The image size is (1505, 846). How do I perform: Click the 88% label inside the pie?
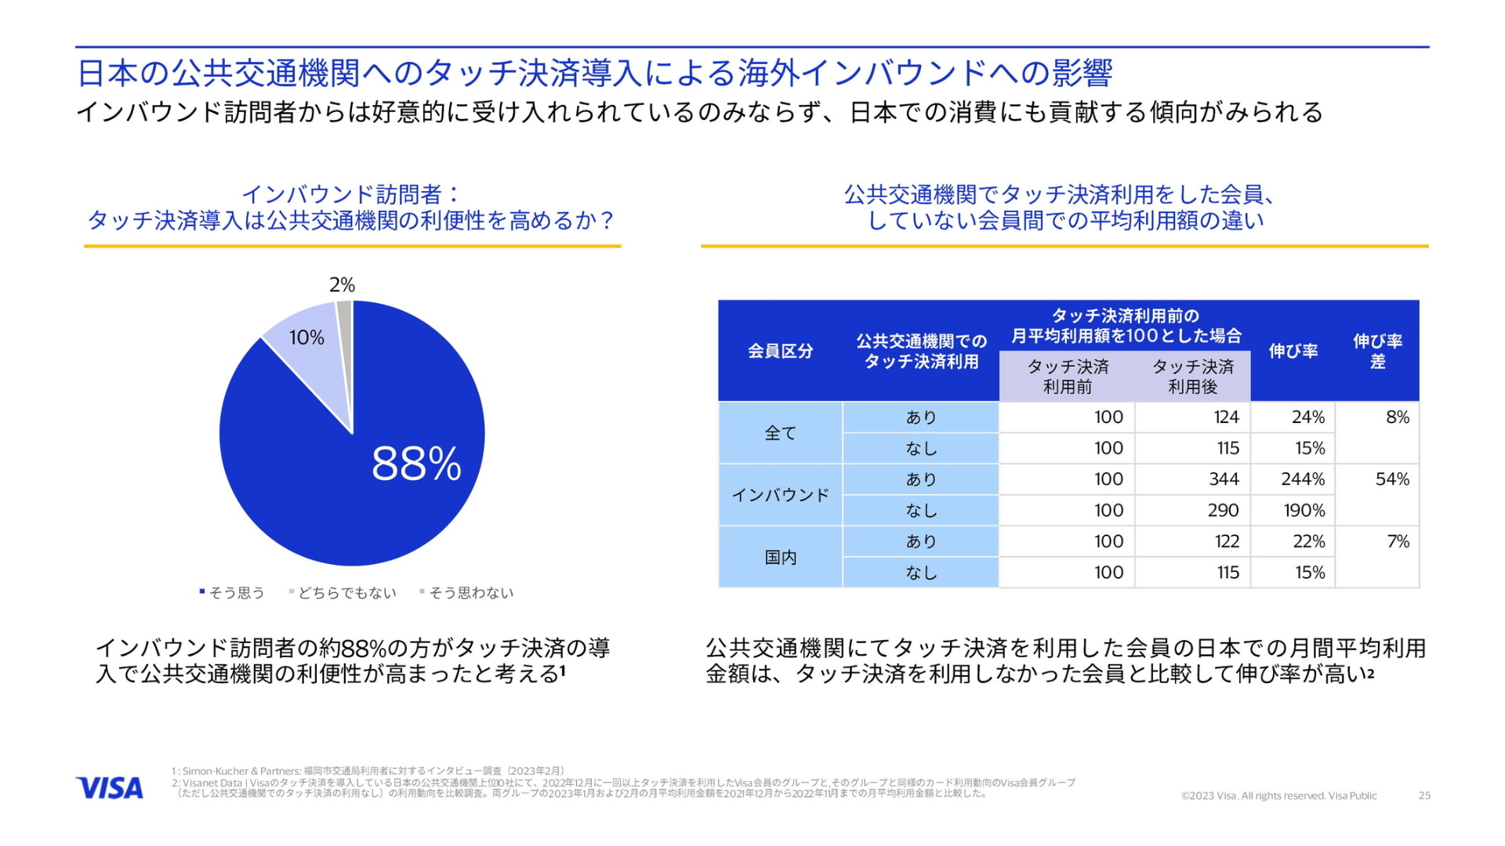(x=416, y=463)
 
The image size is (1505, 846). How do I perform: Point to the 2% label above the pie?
(x=342, y=285)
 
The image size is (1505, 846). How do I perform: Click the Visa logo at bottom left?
(x=110, y=788)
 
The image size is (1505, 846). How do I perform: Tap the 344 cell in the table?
(x=1224, y=479)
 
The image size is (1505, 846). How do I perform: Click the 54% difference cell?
(x=1392, y=479)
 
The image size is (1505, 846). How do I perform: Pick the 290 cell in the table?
(x=1223, y=511)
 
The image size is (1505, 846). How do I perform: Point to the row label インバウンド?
(x=780, y=495)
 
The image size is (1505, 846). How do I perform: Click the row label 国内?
(x=780, y=557)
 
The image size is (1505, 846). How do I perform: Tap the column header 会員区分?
(x=780, y=351)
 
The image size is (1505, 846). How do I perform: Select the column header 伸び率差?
(x=1377, y=351)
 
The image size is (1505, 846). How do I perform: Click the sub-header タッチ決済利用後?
(x=1192, y=377)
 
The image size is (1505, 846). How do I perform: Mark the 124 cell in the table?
(x=1226, y=418)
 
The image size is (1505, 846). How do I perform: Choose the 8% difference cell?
(x=1397, y=418)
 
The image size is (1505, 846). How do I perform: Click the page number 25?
(x=1424, y=796)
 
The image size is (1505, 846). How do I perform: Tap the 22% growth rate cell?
(x=1308, y=541)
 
